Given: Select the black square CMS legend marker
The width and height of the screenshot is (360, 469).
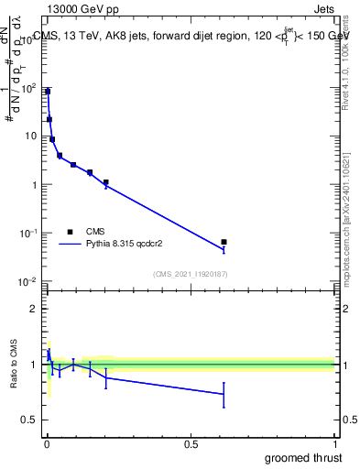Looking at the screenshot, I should point(70,232).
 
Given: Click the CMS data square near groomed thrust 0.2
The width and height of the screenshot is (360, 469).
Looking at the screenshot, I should point(106,182).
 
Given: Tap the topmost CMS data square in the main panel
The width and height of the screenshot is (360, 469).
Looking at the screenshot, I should point(48,92).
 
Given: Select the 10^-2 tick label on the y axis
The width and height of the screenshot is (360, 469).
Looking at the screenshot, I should point(28,281).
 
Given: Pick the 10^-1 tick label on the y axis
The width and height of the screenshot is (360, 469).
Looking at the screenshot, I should point(28,233).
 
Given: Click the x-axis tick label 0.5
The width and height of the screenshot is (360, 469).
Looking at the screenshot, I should point(191,444).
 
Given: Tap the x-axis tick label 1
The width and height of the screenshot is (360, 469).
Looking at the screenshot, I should point(335,444).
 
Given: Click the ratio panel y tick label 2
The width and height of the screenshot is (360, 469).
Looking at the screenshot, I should point(33,309).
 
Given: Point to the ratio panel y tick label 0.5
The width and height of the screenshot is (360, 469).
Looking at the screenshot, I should point(29,420).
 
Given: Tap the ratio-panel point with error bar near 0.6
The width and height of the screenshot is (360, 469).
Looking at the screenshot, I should point(224,394).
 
